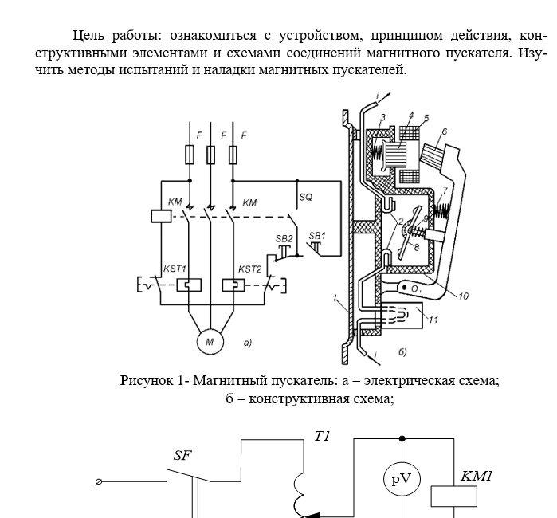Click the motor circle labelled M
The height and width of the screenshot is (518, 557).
pos(210,343)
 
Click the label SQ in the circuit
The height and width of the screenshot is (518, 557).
pos(305,194)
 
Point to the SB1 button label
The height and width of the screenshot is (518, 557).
pos(317,235)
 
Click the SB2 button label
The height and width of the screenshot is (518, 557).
pos(283,238)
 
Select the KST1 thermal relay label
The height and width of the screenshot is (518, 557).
pos(174,269)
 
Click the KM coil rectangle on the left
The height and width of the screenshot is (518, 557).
pos(157,215)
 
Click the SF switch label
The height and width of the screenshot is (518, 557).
pos(183,456)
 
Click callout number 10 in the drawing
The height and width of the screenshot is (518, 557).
pos(464,295)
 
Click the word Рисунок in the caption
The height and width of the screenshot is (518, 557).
pos(149,380)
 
